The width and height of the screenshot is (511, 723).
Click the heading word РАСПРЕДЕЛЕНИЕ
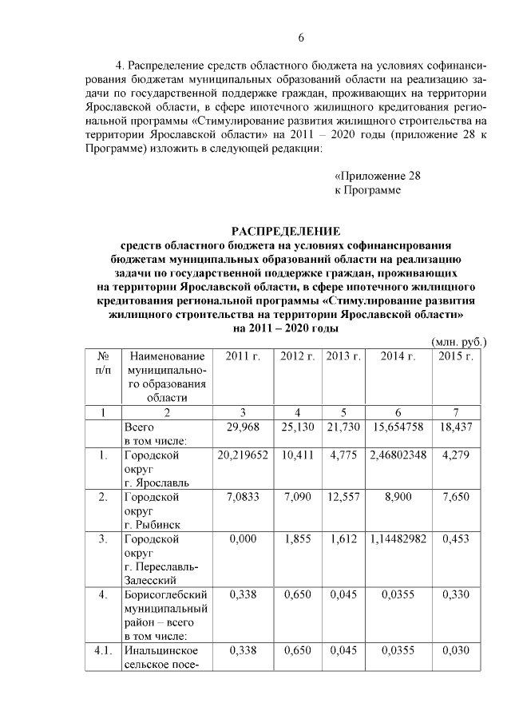(x=285, y=232)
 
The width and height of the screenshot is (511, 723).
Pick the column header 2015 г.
(x=456, y=356)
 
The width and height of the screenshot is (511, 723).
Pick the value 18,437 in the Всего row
(x=456, y=427)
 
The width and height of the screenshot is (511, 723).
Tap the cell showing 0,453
(x=456, y=539)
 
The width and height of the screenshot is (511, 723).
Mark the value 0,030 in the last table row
(x=456, y=651)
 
